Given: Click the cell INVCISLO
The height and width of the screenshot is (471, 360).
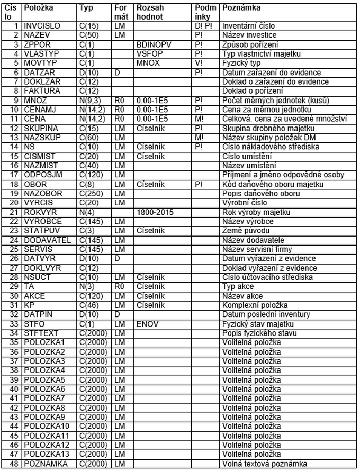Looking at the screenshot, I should click(x=42, y=25).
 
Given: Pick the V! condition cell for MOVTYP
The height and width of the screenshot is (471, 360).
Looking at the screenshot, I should click(x=199, y=63).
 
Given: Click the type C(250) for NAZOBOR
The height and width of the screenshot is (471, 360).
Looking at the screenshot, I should click(x=91, y=194).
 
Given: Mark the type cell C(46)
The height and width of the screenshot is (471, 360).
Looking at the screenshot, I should click(x=88, y=305).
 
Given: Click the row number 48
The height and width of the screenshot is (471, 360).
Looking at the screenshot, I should click(x=15, y=464).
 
